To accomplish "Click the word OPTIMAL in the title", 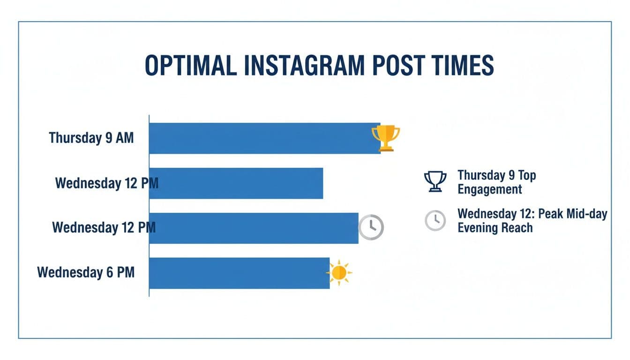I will (x=191, y=66).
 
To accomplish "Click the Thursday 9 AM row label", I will (x=91, y=138).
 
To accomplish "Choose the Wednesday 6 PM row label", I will (x=86, y=272).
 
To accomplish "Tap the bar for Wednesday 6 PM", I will (x=239, y=273).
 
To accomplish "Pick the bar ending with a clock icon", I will (x=253, y=228).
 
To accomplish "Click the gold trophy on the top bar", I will (x=386, y=138).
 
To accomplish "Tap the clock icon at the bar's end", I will (x=371, y=227).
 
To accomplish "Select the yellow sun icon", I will (x=339, y=272).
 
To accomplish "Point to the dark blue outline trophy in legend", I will (x=435, y=181).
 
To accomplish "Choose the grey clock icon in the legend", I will (x=435, y=220).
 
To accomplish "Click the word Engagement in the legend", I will (x=489, y=190).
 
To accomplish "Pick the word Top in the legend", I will (x=527, y=176).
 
